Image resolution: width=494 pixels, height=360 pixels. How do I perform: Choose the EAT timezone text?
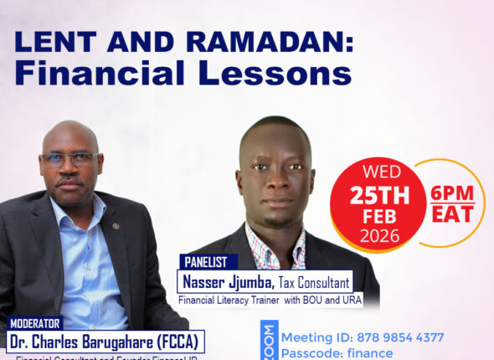[x=452, y=213]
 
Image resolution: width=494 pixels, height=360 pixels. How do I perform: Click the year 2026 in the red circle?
[x=379, y=237]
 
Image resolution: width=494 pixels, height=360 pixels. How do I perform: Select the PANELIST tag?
[x=204, y=260]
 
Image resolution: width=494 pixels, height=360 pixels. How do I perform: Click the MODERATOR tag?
[x=35, y=323]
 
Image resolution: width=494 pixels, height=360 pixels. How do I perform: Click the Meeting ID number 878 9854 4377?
[x=394, y=337]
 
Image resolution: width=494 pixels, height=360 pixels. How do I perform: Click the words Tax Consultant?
[x=315, y=282]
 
